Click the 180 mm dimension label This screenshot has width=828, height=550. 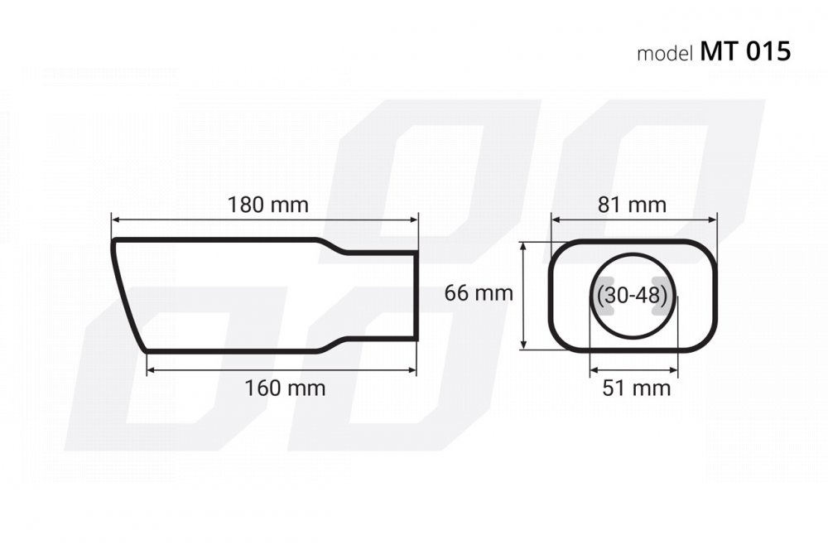click(x=267, y=205)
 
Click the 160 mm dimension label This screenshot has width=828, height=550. click(x=285, y=388)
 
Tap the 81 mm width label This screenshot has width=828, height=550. click(x=632, y=205)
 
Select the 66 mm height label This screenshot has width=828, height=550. click(x=479, y=292)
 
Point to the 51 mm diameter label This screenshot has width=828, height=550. click(x=636, y=388)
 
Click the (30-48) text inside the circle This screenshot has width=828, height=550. click(x=632, y=295)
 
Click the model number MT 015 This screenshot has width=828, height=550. click(x=745, y=51)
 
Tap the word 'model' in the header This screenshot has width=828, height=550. click(x=665, y=53)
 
